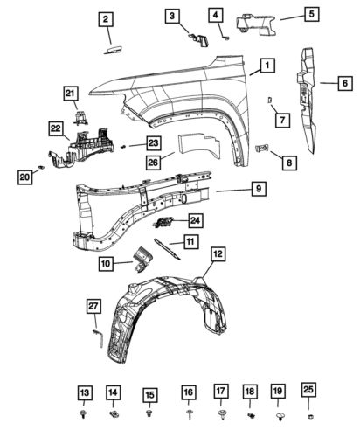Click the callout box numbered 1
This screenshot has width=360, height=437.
tap(265, 65)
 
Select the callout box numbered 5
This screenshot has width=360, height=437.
tap(308, 15)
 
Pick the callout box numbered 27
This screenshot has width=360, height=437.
tap(93, 304)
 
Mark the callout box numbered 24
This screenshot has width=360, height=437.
tap(195, 221)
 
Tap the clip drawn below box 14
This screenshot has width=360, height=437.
tap(113, 412)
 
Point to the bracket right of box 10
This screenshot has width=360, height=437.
tap(143, 260)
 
